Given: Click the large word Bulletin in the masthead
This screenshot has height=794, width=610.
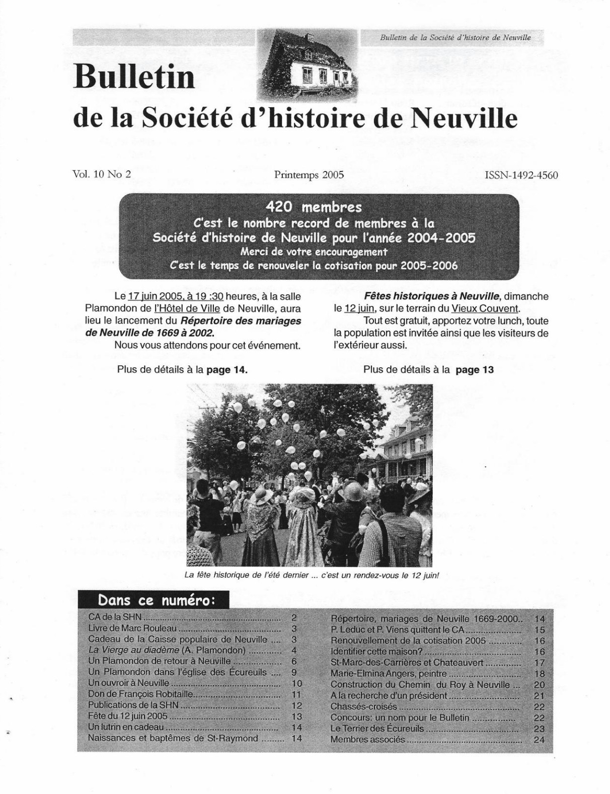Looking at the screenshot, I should tap(134, 77).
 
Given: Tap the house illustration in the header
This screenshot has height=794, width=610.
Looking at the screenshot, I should tap(308, 64).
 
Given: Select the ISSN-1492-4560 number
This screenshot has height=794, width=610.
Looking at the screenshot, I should tap(521, 175).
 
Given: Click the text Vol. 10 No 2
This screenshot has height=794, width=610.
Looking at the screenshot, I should tap(102, 174).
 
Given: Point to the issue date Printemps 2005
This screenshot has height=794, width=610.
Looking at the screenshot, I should tap(309, 175).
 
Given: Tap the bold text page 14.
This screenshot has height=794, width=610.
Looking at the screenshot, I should tap(227, 369).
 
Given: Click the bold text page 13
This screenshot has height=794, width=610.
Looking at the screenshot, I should tap(474, 370).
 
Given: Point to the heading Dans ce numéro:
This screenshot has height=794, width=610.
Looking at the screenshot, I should tap(157, 600).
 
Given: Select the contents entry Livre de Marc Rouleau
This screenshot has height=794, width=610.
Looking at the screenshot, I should tap(132, 628).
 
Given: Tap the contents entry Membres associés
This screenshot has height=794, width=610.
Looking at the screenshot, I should tap(367, 739).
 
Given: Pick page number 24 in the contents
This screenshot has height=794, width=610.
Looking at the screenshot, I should tap(539, 740).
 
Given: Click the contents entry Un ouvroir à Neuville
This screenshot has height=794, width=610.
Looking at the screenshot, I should tap(128, 683).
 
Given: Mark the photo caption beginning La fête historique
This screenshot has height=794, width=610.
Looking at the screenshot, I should tap(312, 575).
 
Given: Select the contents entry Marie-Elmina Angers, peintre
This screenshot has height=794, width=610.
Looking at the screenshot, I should tap(389, 674).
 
